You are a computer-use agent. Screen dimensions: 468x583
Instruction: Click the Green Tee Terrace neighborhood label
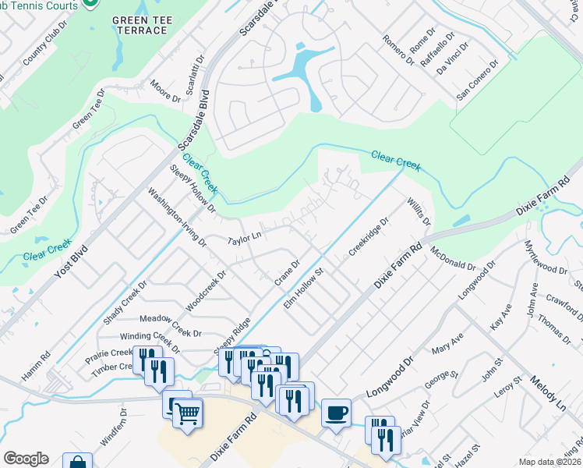click(140, 24)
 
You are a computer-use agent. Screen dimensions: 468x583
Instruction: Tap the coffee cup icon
click(336, 413)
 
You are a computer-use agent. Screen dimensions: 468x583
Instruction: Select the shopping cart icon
click(188, 413)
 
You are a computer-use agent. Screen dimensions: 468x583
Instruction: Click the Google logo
click(26, 459)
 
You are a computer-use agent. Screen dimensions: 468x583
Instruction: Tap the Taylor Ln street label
click(245, 236)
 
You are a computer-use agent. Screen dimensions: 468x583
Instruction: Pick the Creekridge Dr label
click(368, 236)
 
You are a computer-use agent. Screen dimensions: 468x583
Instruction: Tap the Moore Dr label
click(165, 91)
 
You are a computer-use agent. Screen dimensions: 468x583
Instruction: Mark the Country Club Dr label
click(36, 51)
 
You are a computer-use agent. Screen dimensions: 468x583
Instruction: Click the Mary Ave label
click(447, 342)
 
